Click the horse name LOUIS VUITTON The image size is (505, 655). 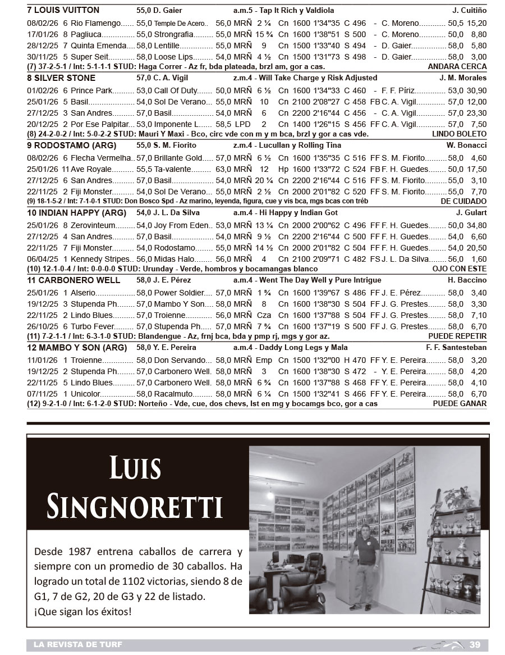67,10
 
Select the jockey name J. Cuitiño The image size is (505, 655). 469,10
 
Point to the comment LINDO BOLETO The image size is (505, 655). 459,134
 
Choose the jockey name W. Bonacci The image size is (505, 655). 467,145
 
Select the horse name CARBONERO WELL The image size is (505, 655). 77,280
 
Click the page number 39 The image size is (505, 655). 475,644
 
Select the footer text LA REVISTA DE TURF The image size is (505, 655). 74,644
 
